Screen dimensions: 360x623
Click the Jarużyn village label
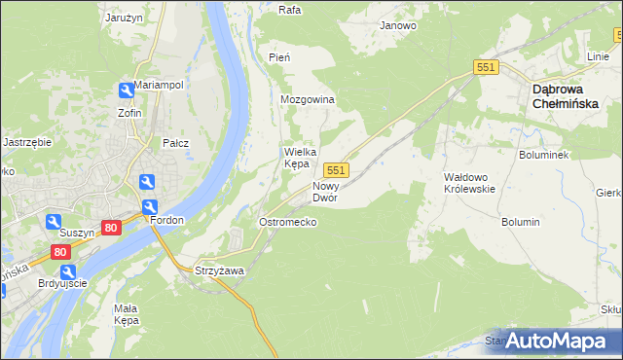click(123, 17)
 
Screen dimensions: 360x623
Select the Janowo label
click(398, 25)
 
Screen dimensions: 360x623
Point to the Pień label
click(279, 58)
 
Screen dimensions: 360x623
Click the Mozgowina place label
click(307, 100)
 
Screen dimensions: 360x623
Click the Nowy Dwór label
click(325, 191)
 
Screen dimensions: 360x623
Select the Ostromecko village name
click(287, 222)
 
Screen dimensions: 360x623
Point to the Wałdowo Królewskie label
click(470, 183)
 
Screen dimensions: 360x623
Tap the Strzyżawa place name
click(219, 270)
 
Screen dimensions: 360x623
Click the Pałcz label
click(175, 143)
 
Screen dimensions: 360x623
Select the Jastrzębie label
click(27, 141)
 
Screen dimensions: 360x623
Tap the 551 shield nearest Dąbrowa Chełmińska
click(487, 66)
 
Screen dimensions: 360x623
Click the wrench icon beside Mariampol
click(126, 90)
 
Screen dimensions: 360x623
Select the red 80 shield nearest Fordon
click(111, 228)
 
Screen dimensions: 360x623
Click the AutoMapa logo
click(556, 341)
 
